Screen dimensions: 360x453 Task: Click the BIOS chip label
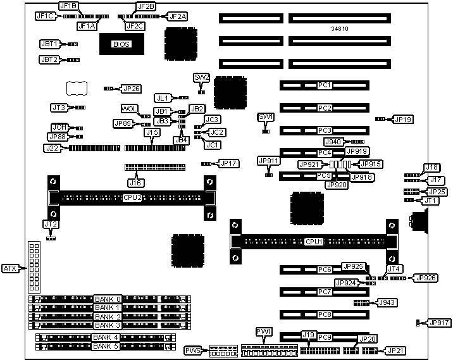pos(121,44)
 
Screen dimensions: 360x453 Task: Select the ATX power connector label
pos(10,268)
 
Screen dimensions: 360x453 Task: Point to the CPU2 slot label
pos(132,197)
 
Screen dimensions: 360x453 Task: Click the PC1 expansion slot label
pos(325,85)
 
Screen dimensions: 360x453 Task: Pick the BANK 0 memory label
pos(108,299)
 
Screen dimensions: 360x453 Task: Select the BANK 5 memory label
pos(106,346)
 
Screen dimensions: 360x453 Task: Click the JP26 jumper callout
pos(132,89)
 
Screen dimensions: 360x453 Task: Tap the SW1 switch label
pos(266,117)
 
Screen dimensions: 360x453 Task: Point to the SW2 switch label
pos(202,77)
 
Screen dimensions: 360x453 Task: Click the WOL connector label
pos(129,109)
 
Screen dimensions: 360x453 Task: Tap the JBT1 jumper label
pos(49,44)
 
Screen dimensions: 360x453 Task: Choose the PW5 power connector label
pos(193,350)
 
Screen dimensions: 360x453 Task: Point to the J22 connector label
pos(52,148)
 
